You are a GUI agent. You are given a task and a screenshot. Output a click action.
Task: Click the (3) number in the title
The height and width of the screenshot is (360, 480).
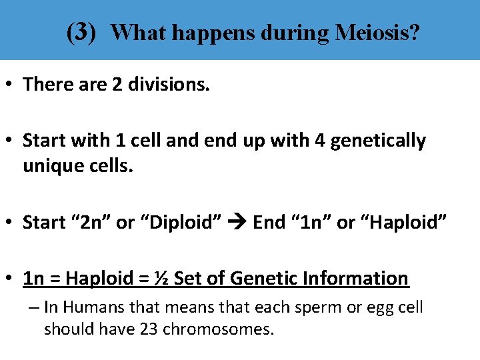pyautogui.click(x=82, y=31)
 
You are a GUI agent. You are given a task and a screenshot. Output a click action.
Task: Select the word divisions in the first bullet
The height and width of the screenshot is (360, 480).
pyautogui.click(x=171, y=84)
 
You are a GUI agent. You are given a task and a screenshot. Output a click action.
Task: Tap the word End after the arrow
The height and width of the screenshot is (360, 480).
pyautogui.click(x=269, y=222)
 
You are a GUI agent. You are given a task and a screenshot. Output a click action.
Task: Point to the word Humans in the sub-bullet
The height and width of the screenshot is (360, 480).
pyautogui.click(x=90, y=307)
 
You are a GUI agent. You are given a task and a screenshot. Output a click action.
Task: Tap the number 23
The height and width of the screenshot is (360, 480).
pyautogui.click(x=150, y=329)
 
